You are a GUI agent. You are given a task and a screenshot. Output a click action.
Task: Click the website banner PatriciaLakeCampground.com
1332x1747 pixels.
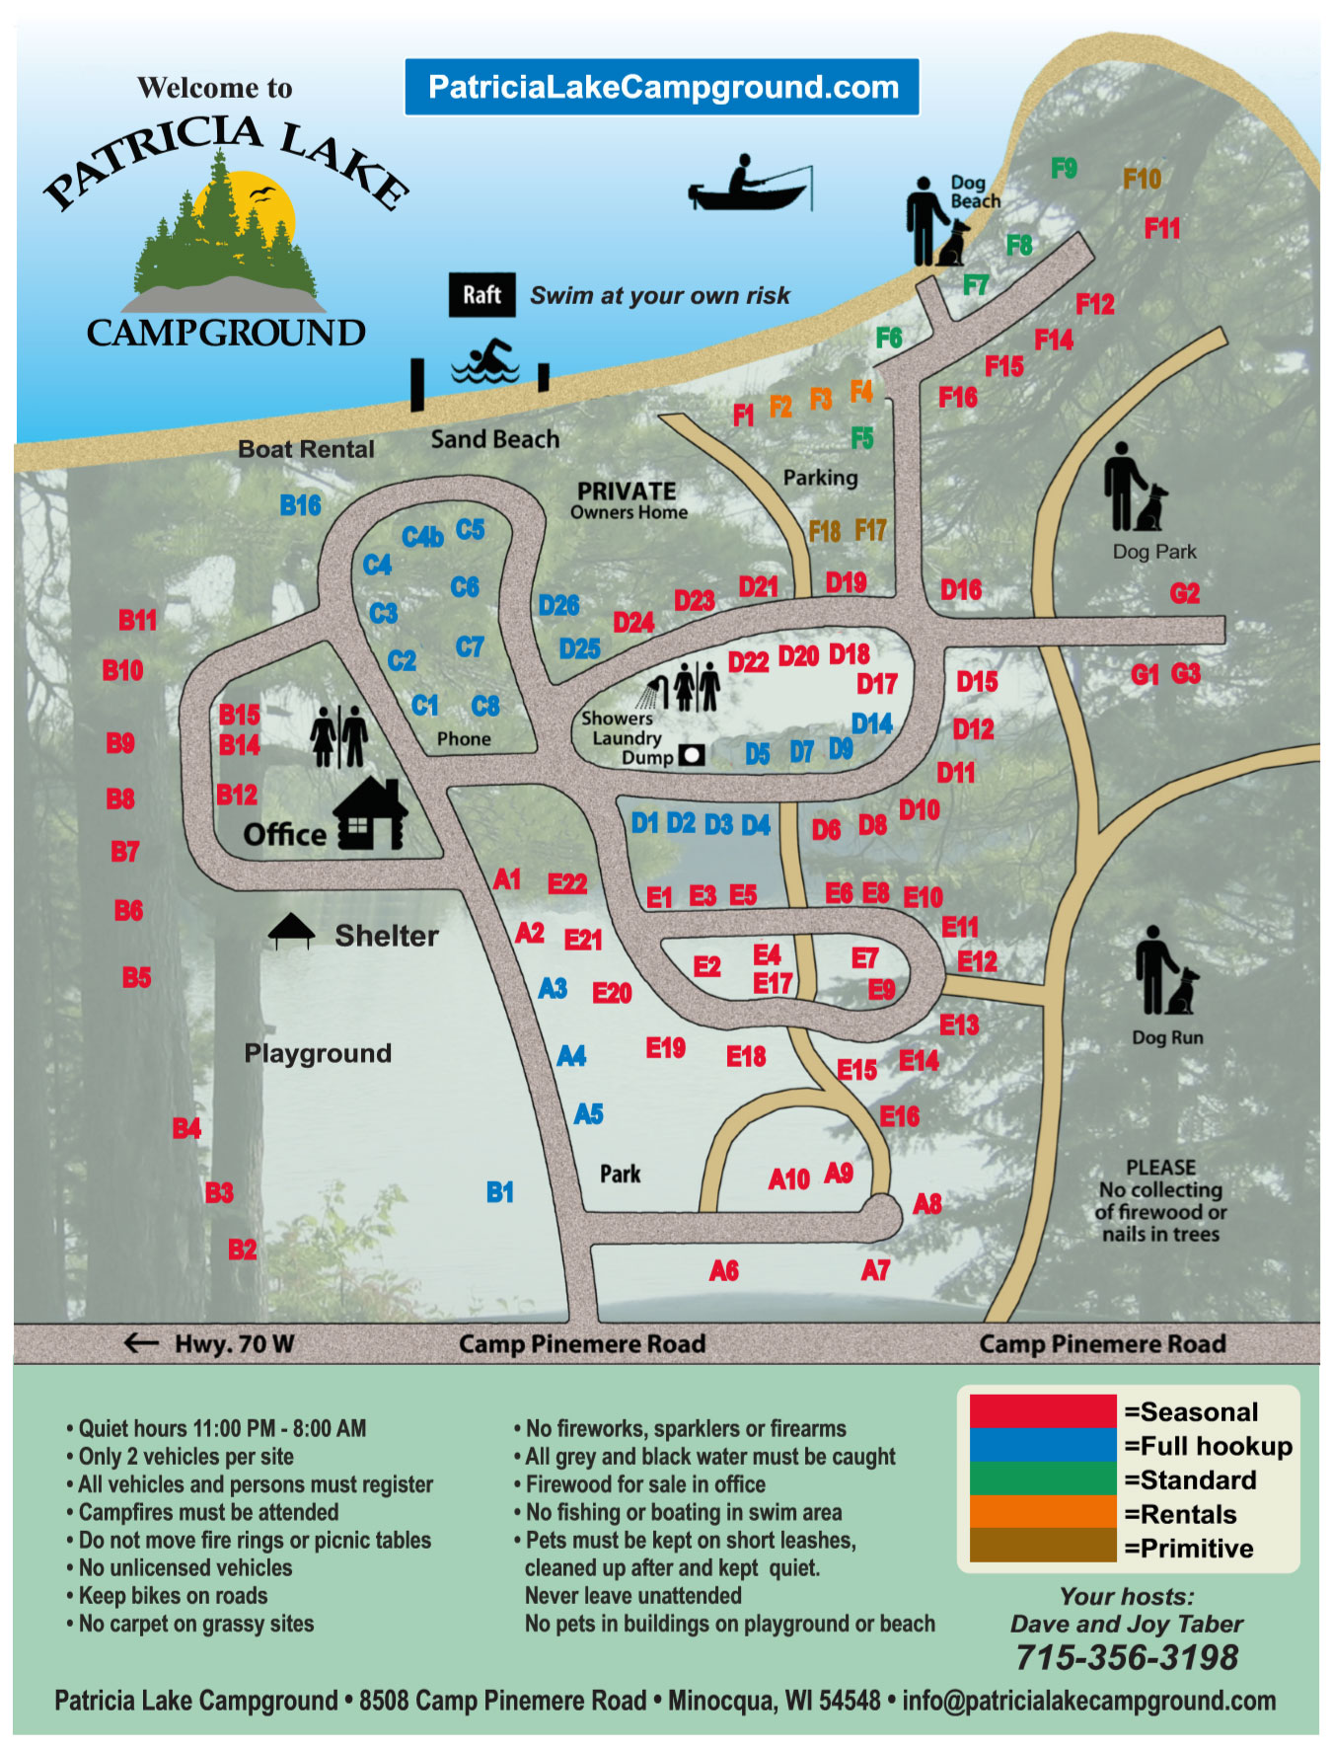click(662, 87)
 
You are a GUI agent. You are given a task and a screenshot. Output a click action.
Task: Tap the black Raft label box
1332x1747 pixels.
click(481, 294)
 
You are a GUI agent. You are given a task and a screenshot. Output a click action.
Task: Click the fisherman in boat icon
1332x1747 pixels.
click(750, 185)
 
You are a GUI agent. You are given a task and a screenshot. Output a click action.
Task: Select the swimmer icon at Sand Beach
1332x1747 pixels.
click(485, 362)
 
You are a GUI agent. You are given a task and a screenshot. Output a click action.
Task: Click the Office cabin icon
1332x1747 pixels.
click(370, 814)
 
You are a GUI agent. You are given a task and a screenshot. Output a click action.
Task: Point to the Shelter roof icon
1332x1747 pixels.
click(291, 930)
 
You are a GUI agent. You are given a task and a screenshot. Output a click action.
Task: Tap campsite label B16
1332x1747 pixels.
click(300, 505)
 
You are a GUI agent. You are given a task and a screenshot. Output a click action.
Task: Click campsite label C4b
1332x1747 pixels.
click(422, 537)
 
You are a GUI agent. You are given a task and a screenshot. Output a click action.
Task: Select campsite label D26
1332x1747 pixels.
click(558, 605)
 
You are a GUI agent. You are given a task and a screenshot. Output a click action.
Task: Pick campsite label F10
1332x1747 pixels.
click(1142, 179)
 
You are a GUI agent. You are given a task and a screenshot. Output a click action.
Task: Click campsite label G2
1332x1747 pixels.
click(1184, 593)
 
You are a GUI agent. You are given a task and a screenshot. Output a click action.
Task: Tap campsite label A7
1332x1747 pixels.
click(875, 1270)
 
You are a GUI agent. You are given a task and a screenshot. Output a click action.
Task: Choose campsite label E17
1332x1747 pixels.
click(772, 983)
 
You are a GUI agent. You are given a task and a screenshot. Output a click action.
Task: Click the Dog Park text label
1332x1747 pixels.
click(1153, 552)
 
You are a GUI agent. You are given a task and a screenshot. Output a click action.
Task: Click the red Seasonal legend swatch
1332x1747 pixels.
click(1042, 1411)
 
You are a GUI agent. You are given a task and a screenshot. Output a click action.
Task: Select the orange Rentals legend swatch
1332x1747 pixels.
click(1042, 1513)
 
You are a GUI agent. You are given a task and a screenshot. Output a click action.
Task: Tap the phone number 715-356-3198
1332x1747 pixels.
click(1127, 1657)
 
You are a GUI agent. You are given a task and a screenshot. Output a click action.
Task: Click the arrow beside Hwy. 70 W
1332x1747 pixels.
click(141, 1342)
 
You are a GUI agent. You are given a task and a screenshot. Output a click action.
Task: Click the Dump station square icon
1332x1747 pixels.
click(693, 755)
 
